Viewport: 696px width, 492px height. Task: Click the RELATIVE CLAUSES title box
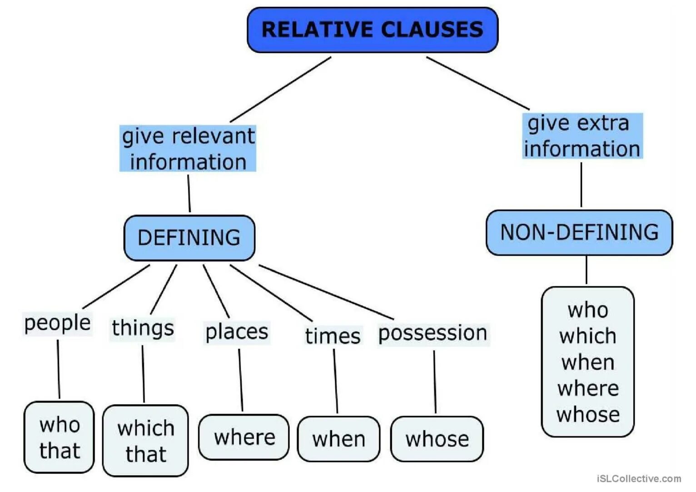(x=372, y=30)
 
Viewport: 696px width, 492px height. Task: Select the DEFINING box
(x=189, y=238)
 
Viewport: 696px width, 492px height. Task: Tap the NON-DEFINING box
(x=579, y=232)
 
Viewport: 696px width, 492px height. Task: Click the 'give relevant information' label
(x=188, y=149)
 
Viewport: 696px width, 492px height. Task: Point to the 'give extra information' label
(x=582, y=136)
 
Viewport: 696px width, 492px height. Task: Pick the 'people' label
(x=57, y=323)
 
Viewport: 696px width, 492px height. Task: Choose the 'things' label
(x=143, y=328)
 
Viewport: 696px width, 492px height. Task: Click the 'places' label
(x=237, y=332)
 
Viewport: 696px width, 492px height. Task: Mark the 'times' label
(x=333, y=336)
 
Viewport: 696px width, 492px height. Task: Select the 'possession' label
(x=433, y=333)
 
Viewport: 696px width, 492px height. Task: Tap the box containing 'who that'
(x=59, y=437)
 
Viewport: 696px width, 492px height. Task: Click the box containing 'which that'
(x=145, y=440)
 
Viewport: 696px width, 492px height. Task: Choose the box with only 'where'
(x=244, y=437)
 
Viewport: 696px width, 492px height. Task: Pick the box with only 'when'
(x=338, y=439)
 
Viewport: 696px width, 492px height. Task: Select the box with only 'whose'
(x=437, y=439)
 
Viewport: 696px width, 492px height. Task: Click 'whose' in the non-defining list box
(x=588, y=415)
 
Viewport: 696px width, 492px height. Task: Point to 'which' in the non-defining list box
(x=588, y=337)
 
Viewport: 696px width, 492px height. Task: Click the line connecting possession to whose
(x=434, y=382)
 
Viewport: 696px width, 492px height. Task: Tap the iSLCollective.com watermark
(x=639, y=478)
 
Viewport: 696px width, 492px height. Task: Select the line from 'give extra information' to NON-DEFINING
(x=581, y=184)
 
